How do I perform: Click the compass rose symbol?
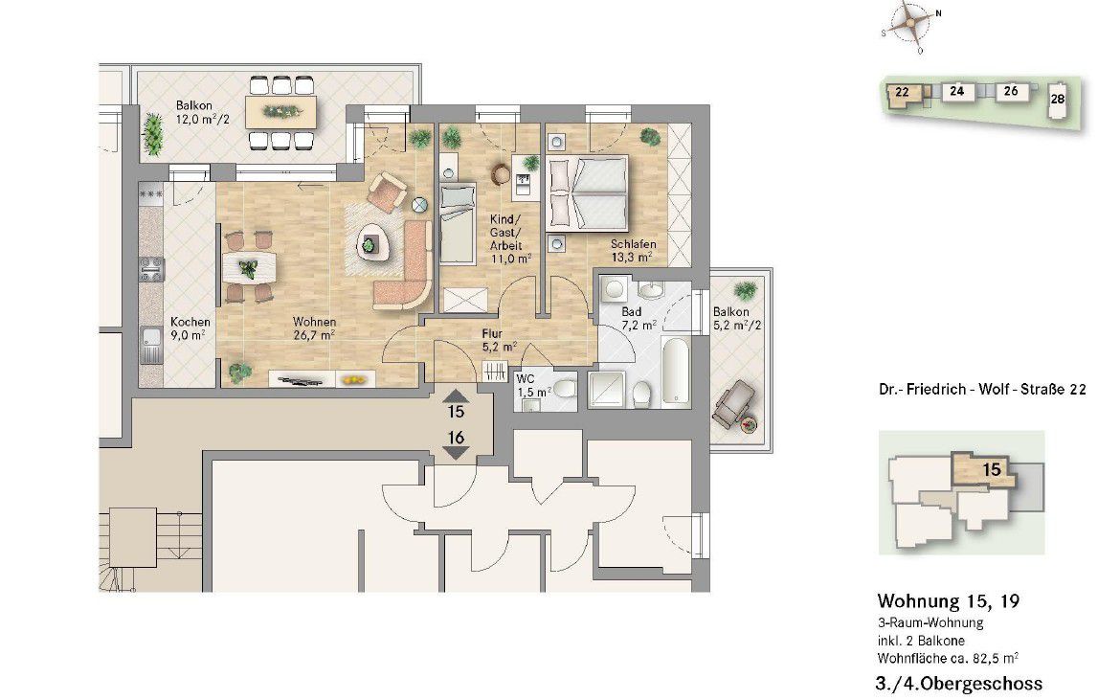[911, 25]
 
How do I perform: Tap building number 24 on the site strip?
[956, 91]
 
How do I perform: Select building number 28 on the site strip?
[1057, 100]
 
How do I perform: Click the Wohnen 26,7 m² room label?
[314, 327]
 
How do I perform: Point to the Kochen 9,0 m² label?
[190, 327]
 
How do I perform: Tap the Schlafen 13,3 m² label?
[632, 250]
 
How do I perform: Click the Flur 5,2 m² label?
[498, 340]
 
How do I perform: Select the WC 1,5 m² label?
[533, 385]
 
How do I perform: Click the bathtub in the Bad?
[676, 373]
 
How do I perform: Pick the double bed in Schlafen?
[587, 192]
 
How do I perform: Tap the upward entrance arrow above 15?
[456, 395]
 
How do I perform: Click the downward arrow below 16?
[456, 452]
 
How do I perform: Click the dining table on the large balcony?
[280, 112]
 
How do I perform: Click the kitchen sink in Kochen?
[150, 345]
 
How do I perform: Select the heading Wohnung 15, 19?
[948, 600]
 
